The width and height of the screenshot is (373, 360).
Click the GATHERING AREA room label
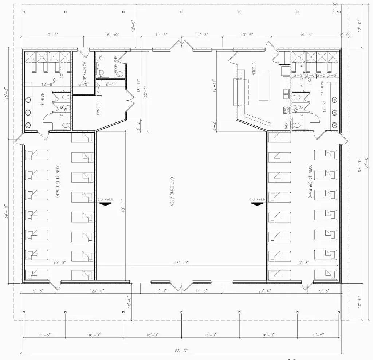[x=171, y=192]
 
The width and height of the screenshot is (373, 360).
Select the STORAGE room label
[x=98, y=109]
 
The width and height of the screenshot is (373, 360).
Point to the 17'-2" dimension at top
[x=52, y=35]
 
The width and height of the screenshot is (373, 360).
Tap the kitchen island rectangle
[x=263, y=86]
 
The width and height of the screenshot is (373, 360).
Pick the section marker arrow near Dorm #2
[x=257, y=204]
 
